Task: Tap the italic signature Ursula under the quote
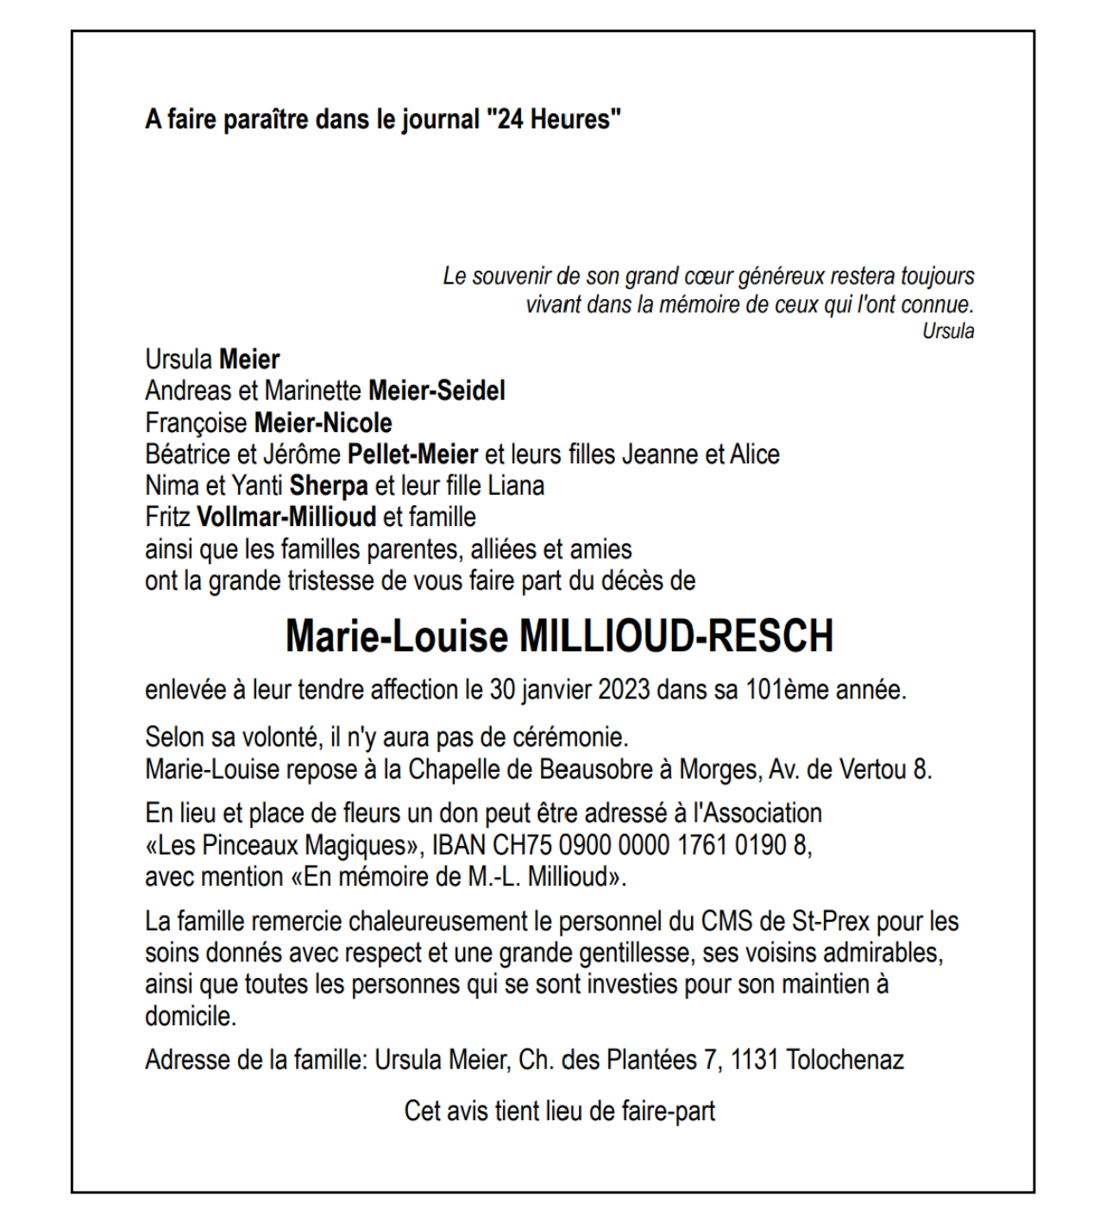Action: pyautogui.click(x=948, y=331)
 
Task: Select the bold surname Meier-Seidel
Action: pyautogui.click(x=437, y=391)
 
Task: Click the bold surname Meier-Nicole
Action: pyautogui.click(x=323, y=423)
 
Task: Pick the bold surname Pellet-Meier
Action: pyautogui.click(x=412, y=454)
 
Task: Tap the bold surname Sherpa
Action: pyautogui.click(x=329, y=485)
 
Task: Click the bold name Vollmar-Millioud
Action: pyautogui.click(x=286, y=517)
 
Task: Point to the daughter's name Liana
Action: pyautogui.click(x=516, y=485)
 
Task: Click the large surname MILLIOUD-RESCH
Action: pyautogui.click(x=676, y=636)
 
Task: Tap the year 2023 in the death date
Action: pyautogui.click(x=624, y=690)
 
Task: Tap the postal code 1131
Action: pyautogui.click(x=754, y=1059)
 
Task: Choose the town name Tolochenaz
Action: pyautogui.click(x=845, y=1059)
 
